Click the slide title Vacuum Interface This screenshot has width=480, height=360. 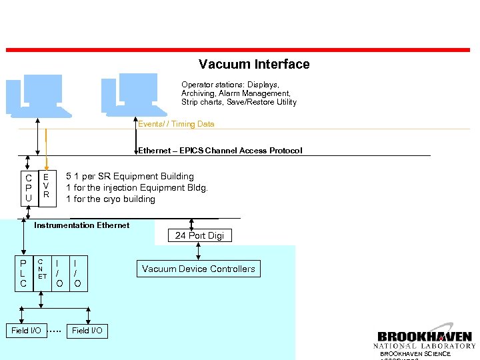[x=254, y=65]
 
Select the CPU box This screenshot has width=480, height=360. [x=28, y=188]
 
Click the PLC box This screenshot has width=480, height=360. [x=23, y=273]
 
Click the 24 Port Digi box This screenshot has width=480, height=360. [x=199, y=235]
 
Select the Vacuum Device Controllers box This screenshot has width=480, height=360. [x=198, y=269]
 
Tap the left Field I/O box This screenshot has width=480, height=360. [x=27, y=331]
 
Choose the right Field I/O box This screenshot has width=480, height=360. [x=87, y=331]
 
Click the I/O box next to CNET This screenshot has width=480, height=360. [x=60, y=273]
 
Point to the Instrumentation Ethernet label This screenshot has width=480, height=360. [x=81, y=225]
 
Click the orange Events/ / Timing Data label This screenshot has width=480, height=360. [x=176, y=124]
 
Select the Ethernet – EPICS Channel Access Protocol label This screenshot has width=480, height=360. [x=220, y=151]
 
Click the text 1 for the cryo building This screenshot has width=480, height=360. [x=110, y=199]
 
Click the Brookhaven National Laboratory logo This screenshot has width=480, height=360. [x=425, y=340]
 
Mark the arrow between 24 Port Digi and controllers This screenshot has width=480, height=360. [x=198, y=252]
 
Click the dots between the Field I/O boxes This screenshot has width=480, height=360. [x=56, y=331]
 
